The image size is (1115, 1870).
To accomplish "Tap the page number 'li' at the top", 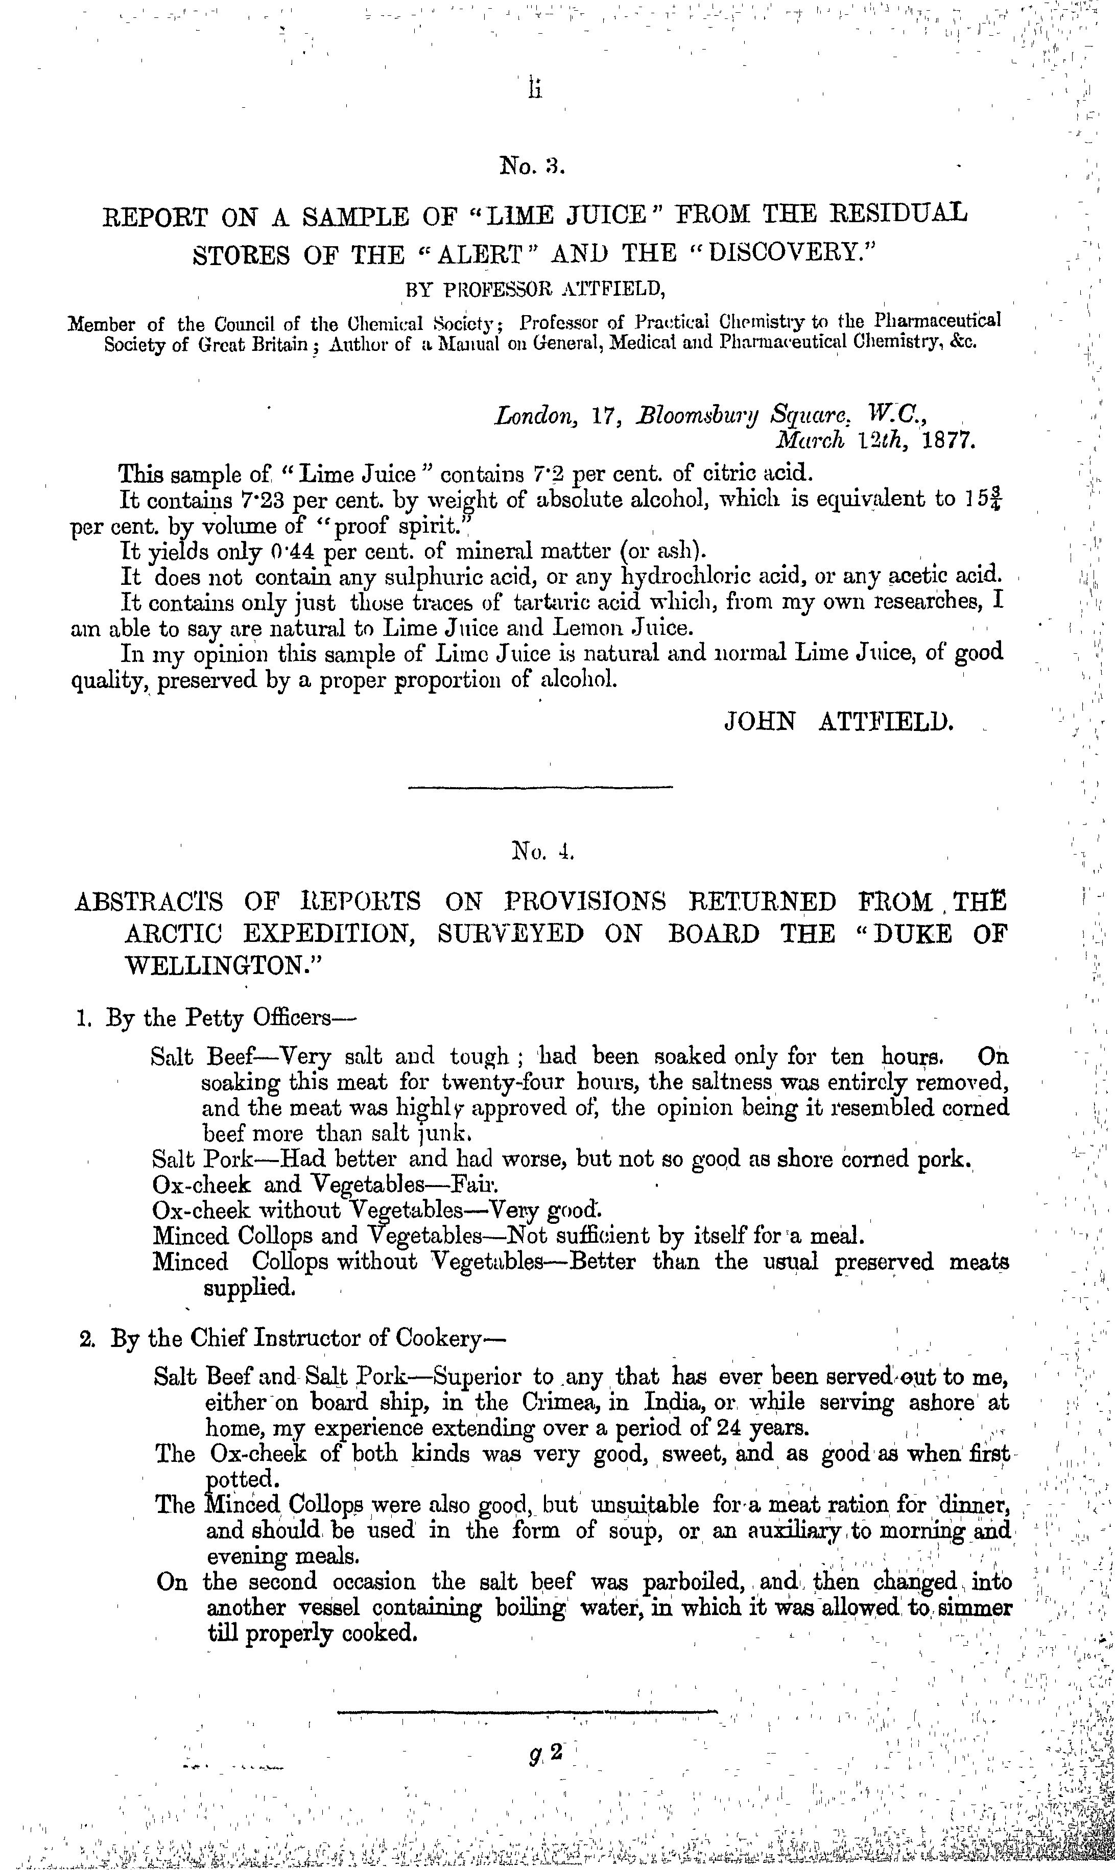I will coord(534,88).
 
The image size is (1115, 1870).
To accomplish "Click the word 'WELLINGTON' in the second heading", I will coord(217,965).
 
